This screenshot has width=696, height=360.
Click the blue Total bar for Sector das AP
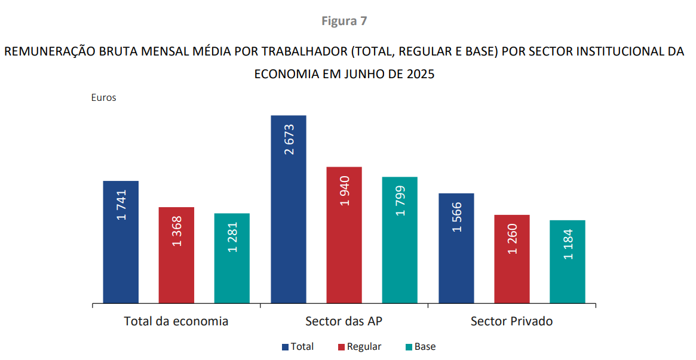coord(289,209)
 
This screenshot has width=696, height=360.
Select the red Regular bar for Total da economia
coord(176,255)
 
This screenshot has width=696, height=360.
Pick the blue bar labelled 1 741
coord(121,242)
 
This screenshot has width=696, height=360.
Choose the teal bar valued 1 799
coord(400,240)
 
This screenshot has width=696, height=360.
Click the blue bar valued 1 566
coord(456,248)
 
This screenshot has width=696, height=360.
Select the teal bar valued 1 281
coord(232,258)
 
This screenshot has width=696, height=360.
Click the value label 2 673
coord(289,140)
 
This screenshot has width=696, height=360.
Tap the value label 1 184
coord(568,244)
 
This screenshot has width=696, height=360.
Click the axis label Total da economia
coord(176,321)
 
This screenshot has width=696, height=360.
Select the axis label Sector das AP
coord(344,321)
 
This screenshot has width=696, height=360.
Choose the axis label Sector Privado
coord(511,321)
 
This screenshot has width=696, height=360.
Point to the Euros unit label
coord(103,98)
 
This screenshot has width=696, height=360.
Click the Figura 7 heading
coord(344,21)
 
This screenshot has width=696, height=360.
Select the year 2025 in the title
coord(419,75)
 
